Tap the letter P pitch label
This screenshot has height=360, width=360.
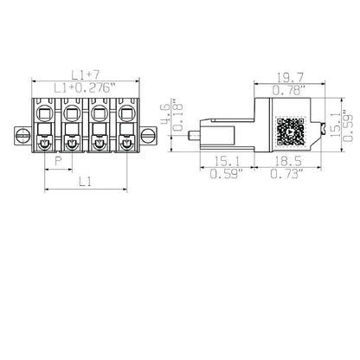(57, 162)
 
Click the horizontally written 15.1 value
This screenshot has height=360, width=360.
(227, 162)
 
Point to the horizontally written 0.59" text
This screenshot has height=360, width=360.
(227, 175)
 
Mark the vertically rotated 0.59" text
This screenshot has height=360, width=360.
(348, 126)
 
